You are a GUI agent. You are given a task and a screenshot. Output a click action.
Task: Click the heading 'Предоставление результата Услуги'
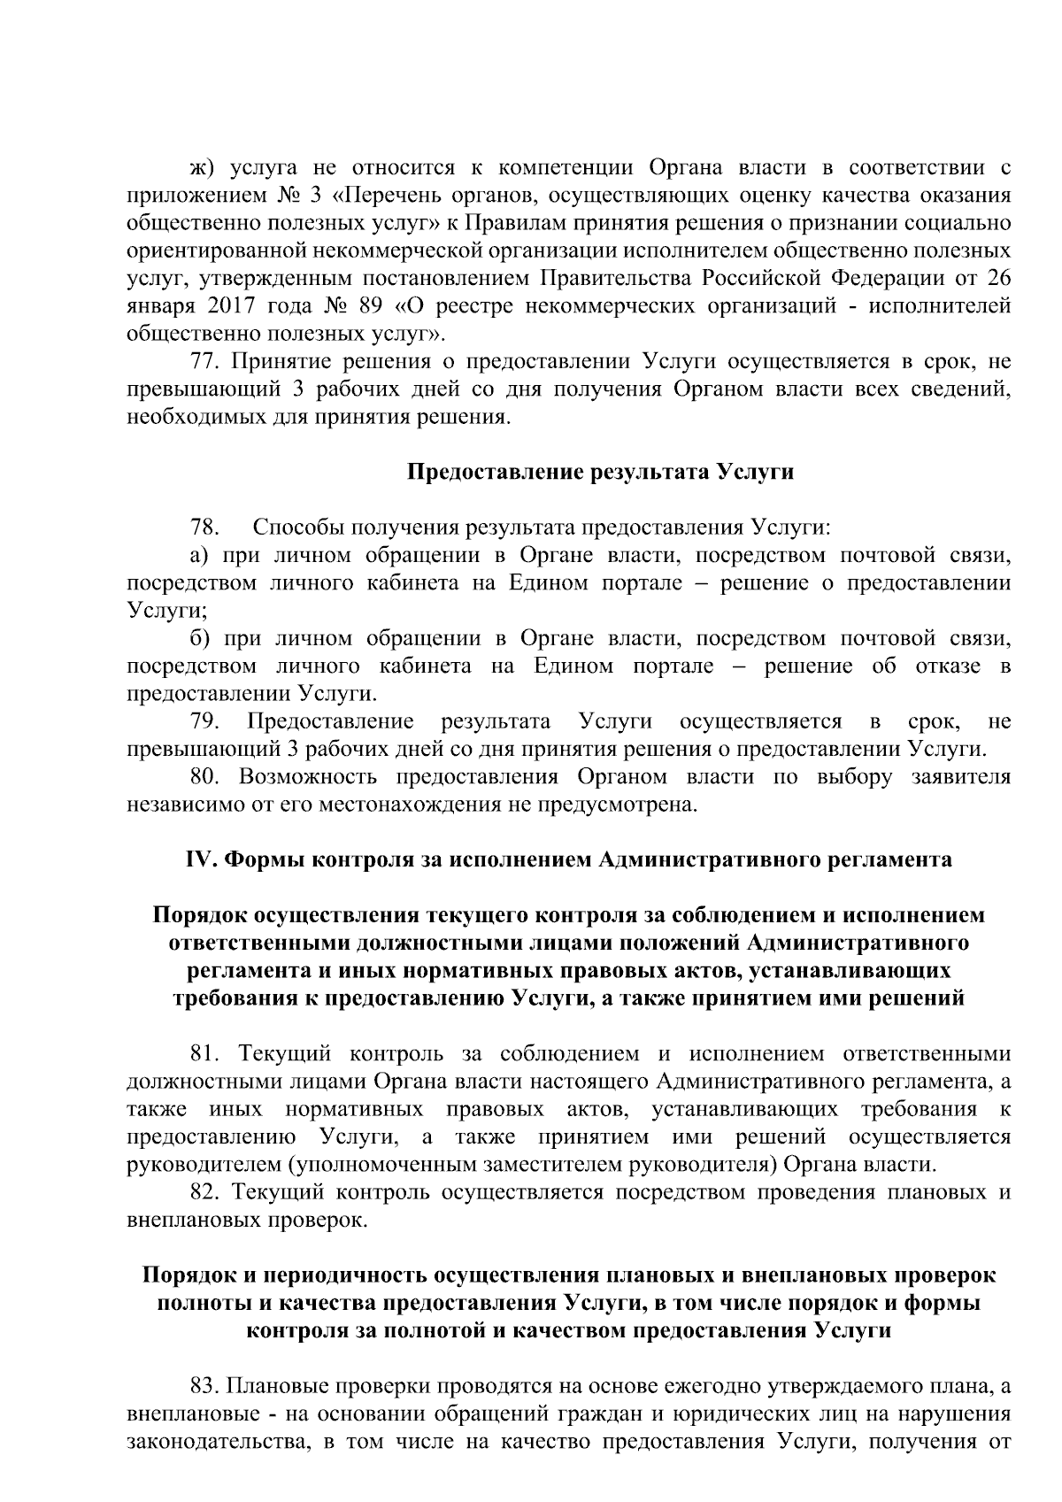pos(600,472)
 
